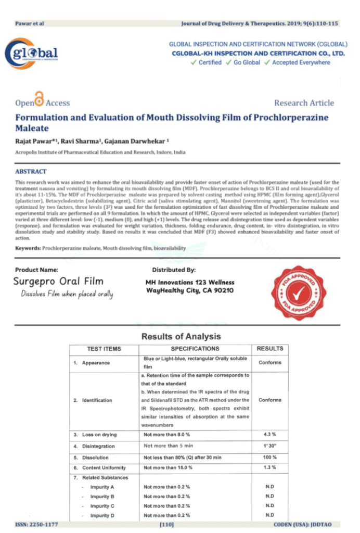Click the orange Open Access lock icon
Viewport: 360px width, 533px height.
coord(38,98)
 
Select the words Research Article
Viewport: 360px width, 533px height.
coord(304,103)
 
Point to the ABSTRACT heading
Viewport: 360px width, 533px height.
coord(31,171)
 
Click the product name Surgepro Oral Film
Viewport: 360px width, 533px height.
coord(59,282)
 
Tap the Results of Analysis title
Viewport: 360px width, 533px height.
coord(181,336)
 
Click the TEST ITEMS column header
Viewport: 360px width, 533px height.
coord(104,349)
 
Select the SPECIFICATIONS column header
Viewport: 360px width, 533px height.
coord(195,349)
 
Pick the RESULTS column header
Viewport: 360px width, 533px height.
coord(270,349)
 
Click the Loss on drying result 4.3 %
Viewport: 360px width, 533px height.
coord(269,434)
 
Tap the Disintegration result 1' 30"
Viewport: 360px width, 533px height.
coord(269,446)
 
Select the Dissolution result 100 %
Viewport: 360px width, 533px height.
coord(269,458)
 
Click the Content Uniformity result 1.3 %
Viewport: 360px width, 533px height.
coord(269,468)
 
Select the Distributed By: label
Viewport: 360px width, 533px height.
coord(174,270)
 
